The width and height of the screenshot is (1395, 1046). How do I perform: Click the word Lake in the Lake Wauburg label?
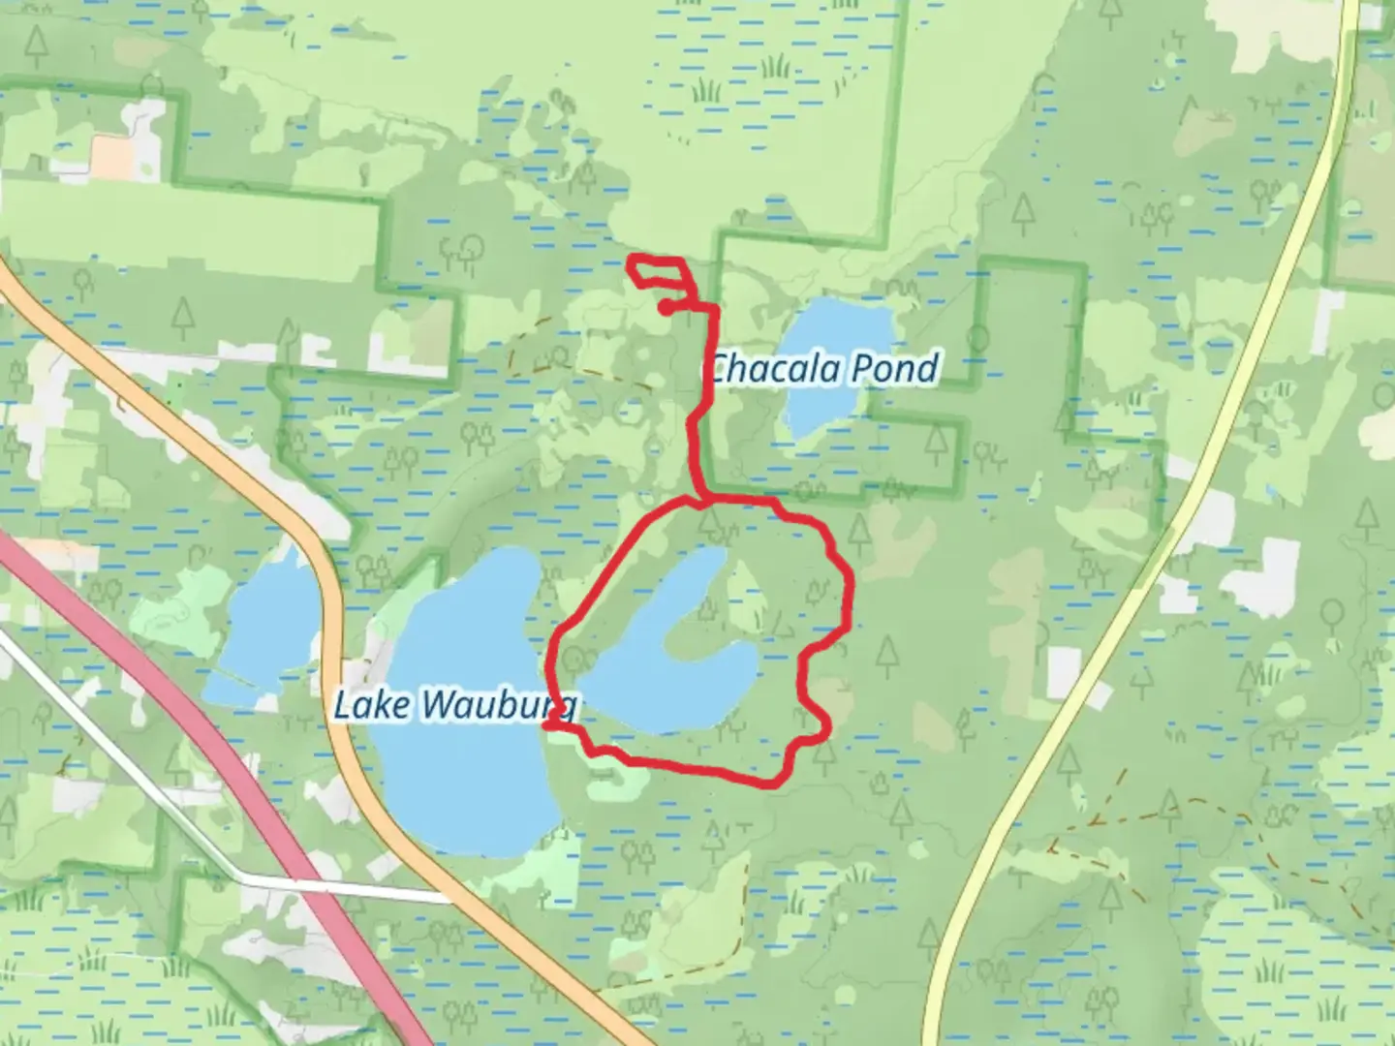372,705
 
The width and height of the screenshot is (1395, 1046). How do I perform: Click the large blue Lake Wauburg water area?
455,775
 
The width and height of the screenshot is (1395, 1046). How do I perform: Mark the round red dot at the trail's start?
666,307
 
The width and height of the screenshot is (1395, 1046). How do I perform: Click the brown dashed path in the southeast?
1162,804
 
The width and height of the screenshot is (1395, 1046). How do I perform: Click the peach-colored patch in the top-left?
112,150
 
